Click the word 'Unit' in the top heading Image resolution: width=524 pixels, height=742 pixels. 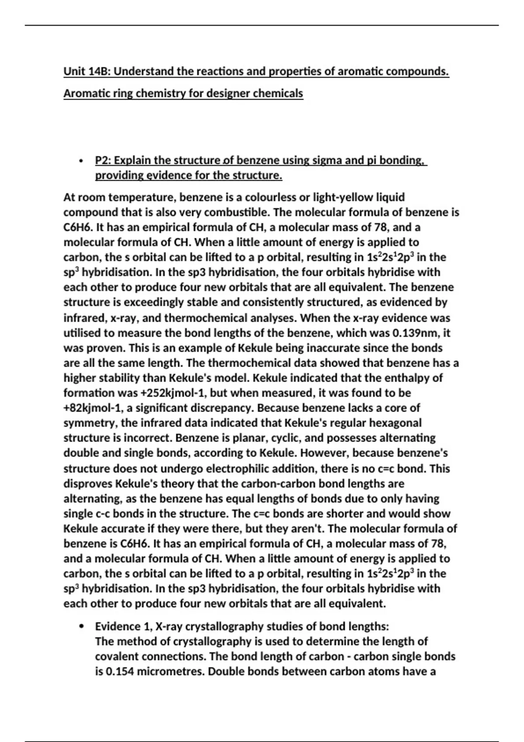pyautogui.click(x=74, y=71)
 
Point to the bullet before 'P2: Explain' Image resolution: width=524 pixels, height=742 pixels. pyautogui.click(x=80, y=161)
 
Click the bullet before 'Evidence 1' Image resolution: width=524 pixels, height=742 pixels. pyautogui.click(x=81, y=627)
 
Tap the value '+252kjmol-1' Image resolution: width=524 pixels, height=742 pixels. pyautogui.click(x=174, y=393)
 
